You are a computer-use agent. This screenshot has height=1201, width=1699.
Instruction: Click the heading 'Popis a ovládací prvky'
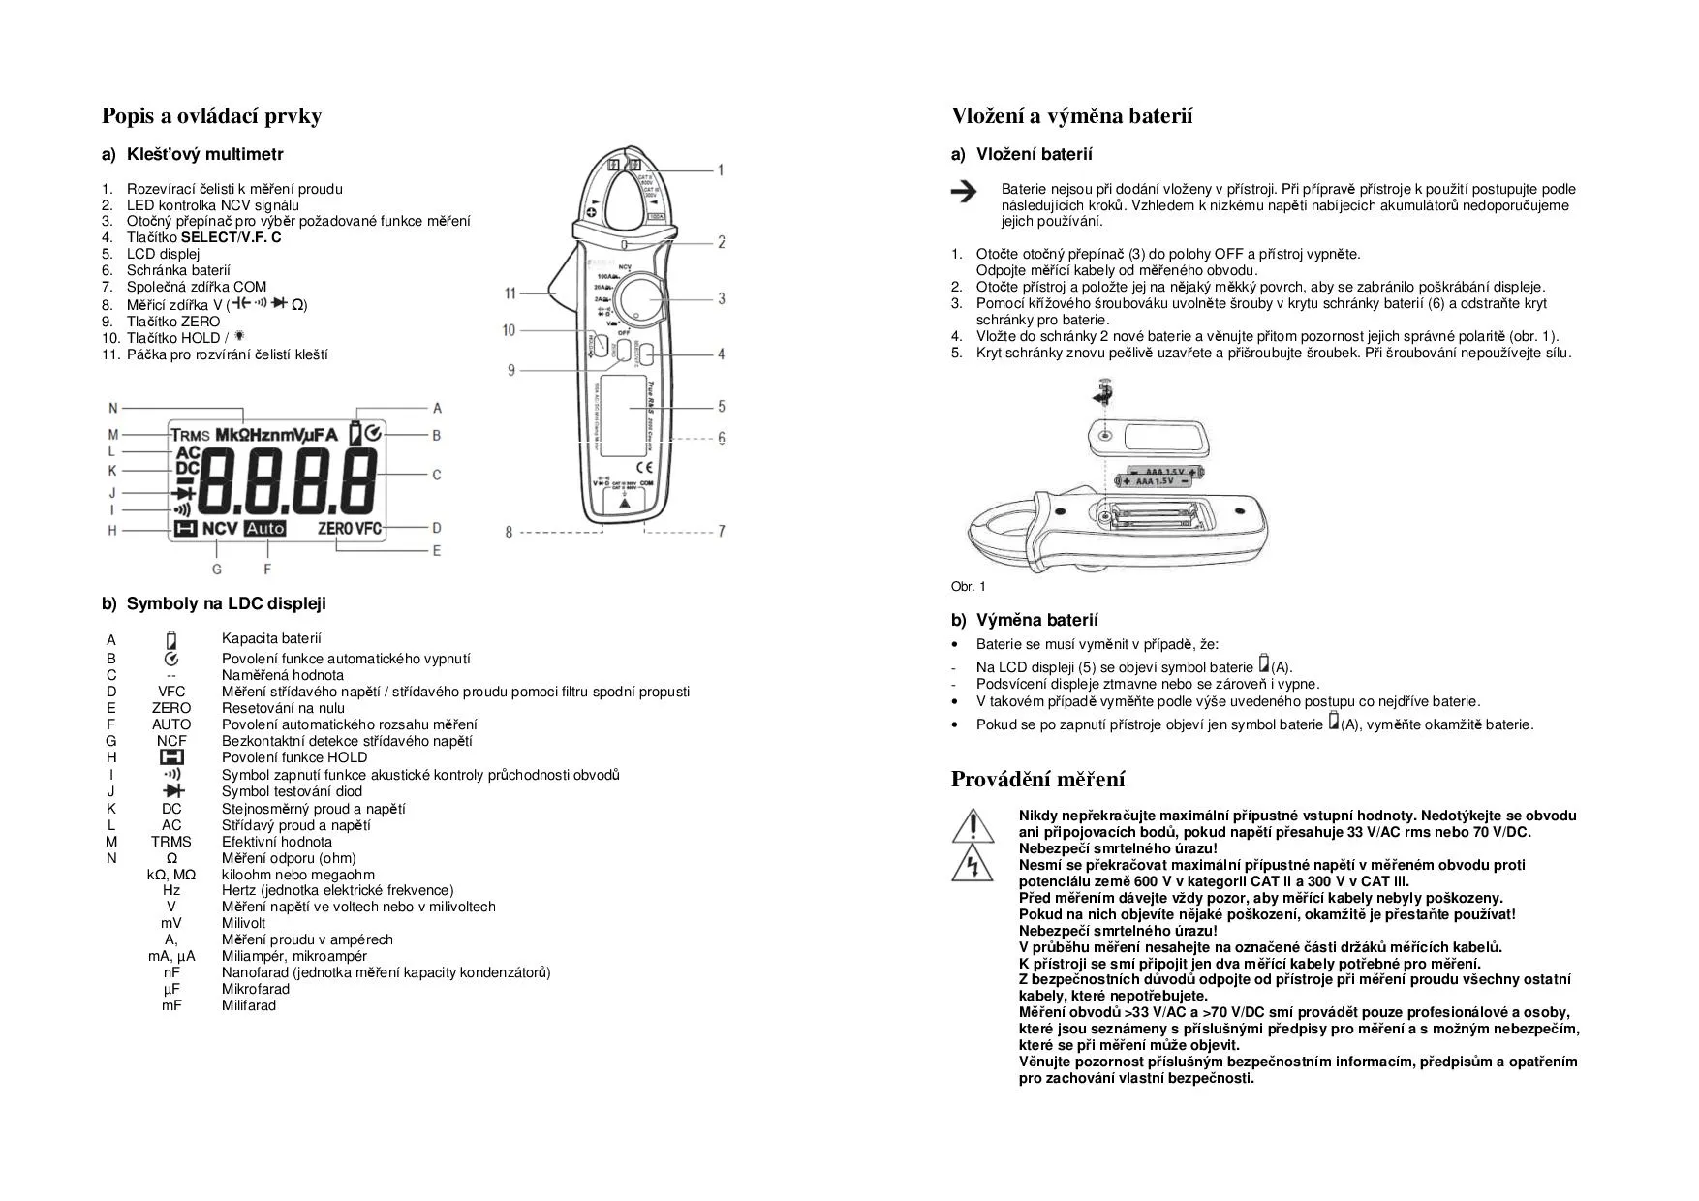(211, 116)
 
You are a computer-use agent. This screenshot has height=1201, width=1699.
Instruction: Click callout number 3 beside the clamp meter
(721, 298)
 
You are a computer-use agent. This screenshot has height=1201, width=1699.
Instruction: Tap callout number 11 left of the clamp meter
(510, 293)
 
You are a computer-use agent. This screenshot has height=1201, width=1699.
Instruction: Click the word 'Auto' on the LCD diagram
(265, 529)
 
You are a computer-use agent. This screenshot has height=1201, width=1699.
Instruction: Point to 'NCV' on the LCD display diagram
(220, 529)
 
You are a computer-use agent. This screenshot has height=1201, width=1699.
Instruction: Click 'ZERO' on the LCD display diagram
(334, 529)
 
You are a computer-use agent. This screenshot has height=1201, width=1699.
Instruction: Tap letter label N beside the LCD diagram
(112, 408)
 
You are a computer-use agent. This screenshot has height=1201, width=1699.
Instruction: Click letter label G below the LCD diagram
(216, 570)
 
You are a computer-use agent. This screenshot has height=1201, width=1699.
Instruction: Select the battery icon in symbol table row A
(171, 640)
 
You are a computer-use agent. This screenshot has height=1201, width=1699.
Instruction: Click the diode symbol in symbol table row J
(172, 791)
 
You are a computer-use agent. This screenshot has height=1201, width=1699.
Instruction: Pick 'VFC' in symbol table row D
(171, 692)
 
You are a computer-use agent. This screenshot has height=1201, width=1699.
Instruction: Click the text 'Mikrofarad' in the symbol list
(255, 989)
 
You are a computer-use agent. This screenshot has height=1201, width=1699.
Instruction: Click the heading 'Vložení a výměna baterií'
(1071, 116)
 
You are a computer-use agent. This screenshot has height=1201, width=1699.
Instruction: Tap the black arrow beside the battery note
(964, 192)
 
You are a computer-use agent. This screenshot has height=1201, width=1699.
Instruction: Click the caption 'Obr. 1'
(968, 586)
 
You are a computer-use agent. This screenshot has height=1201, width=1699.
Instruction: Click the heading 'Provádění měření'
(1037, 780)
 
